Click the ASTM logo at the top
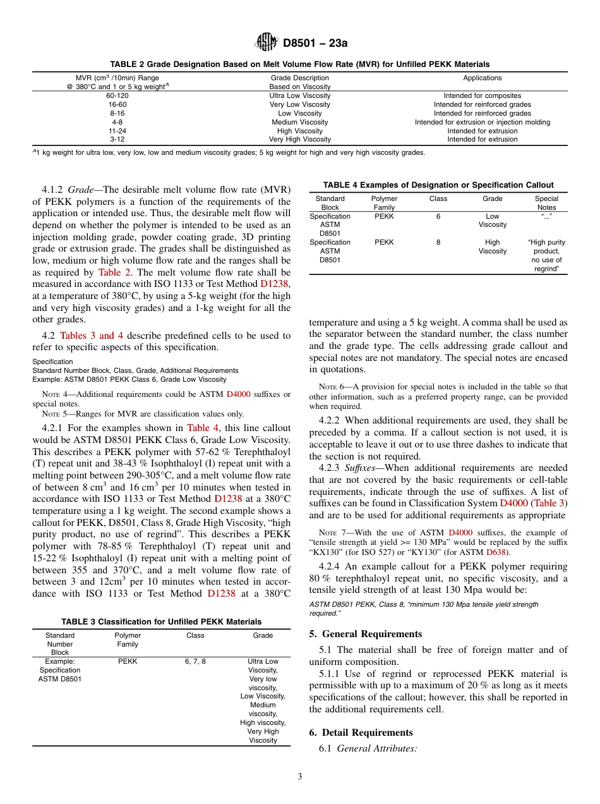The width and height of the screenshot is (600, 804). tap(266, 42)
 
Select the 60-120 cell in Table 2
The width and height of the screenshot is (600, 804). tap(118, 95)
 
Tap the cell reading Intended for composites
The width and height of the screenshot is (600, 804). tap(482, 95)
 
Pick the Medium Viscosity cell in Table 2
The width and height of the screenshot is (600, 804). tap(299, 122)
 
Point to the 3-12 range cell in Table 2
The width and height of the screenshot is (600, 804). tap(118, 139)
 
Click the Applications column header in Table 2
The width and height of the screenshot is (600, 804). tap(482, 78)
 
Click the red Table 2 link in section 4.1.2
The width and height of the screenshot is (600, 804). tap(114, 272)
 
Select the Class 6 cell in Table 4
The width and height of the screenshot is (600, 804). tap(438, 216)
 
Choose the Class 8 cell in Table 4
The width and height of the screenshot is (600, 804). tap(438, 242)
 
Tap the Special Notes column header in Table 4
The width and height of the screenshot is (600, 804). tap(546, 203)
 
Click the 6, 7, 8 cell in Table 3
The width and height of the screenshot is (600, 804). tap(195, 661)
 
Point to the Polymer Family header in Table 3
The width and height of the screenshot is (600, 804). tap(128, 640)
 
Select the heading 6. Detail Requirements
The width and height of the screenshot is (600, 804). tap(361, 733)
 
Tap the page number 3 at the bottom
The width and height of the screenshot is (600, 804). tap(300, 777)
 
